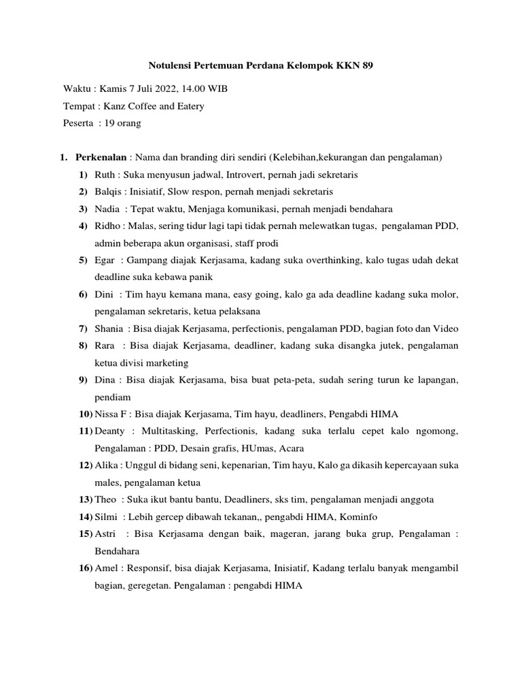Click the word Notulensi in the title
(x=170, y=67)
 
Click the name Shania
(x=109, y=329)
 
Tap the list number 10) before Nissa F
(x=85, y=414)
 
